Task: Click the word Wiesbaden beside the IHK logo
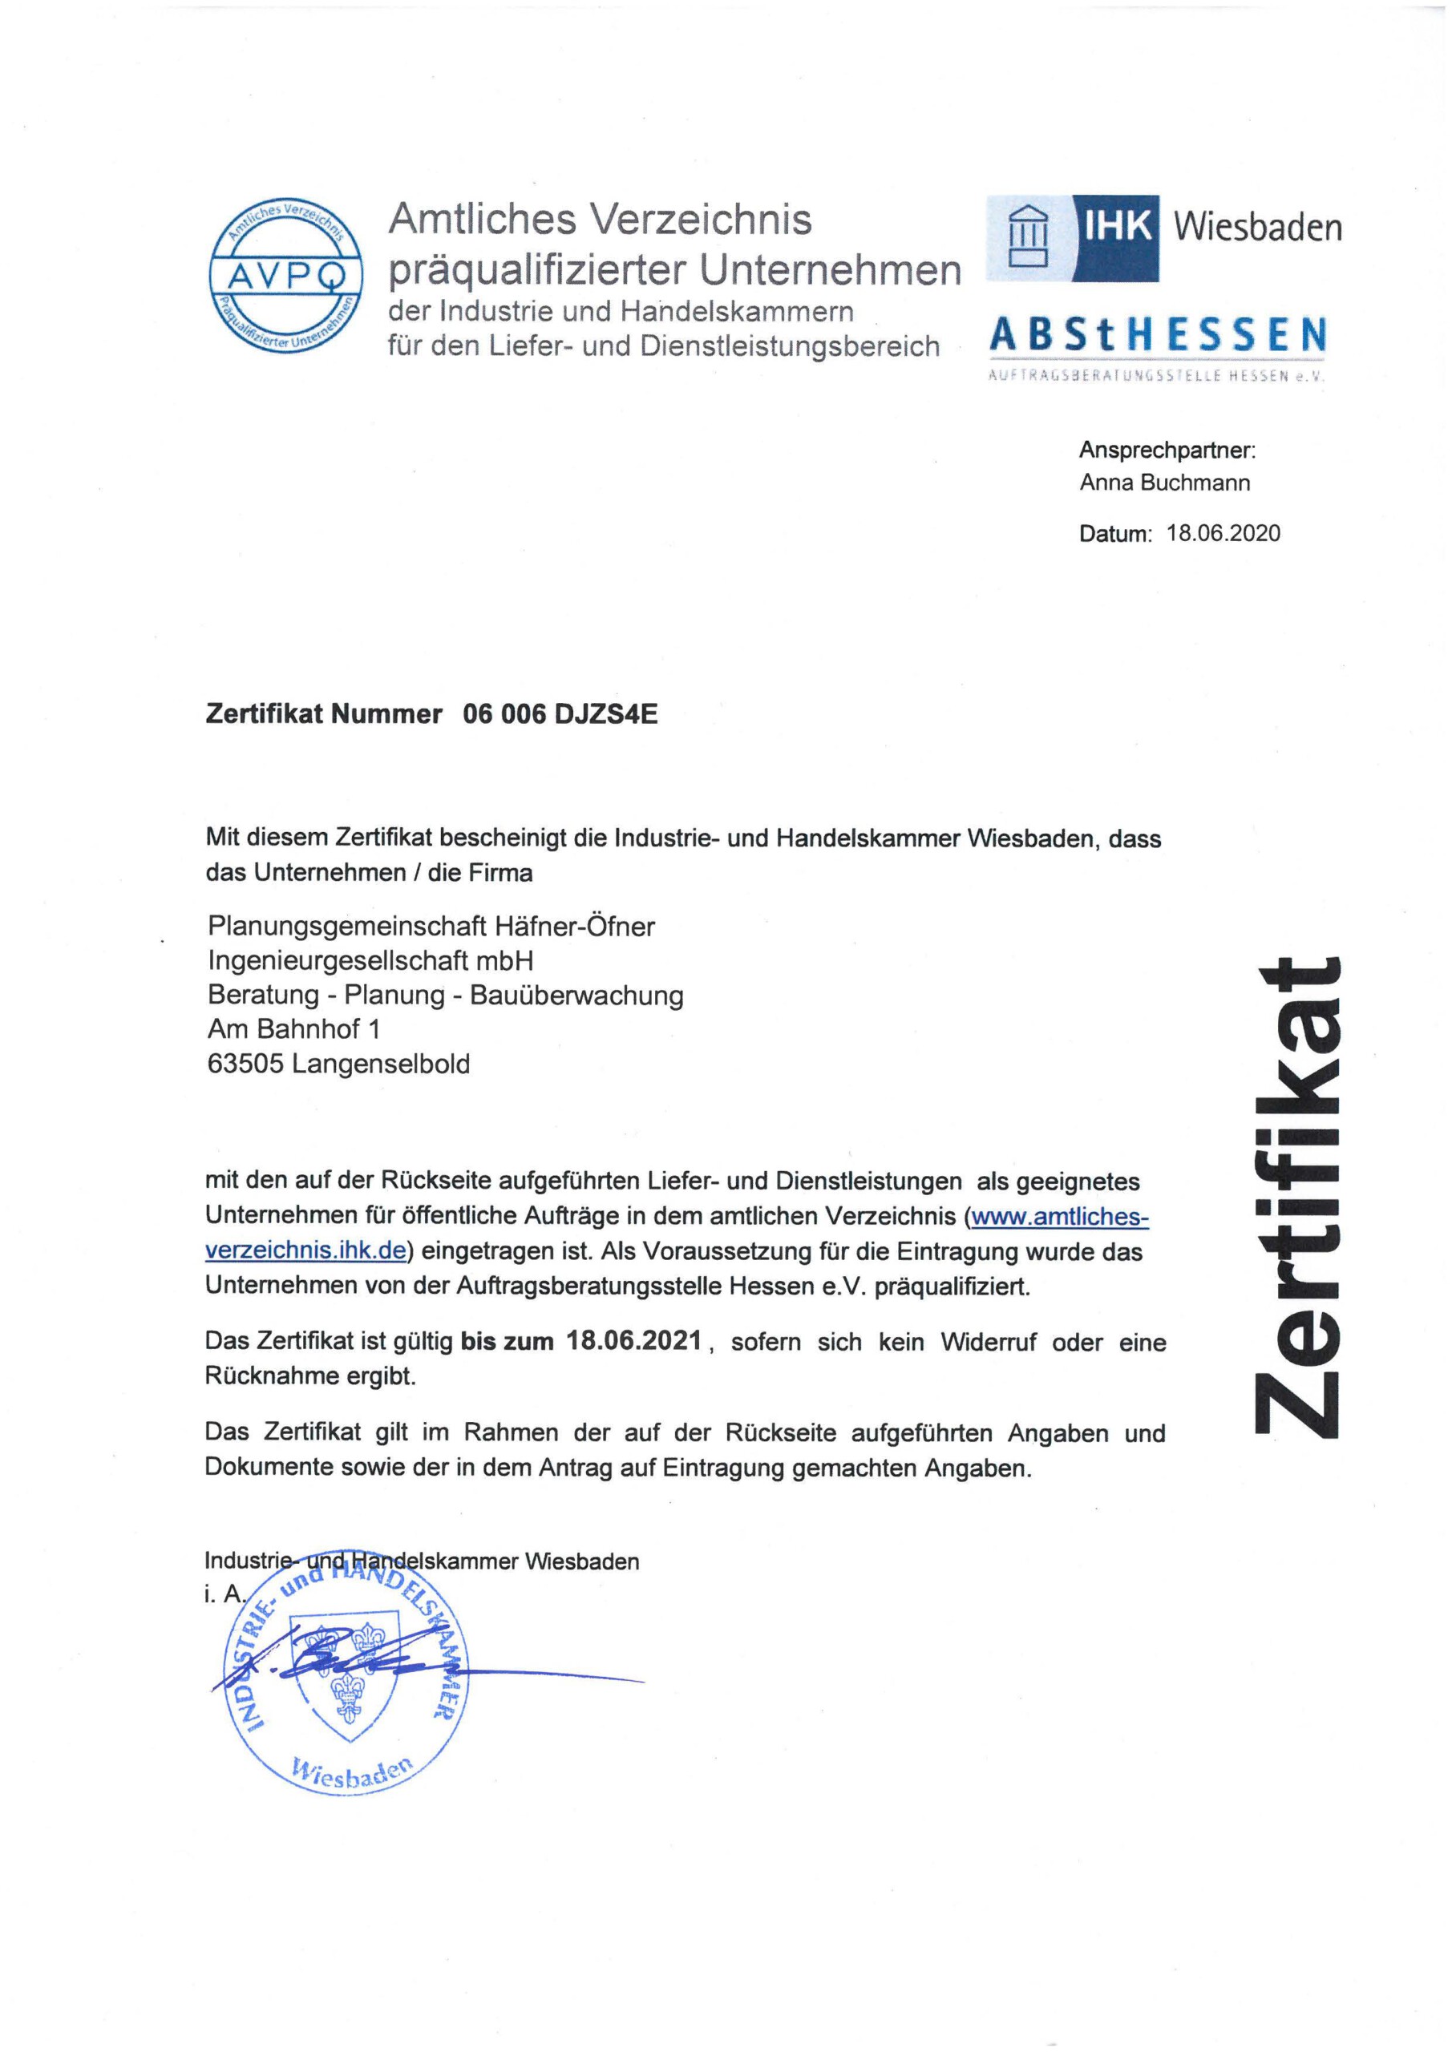(x=1257, y=227)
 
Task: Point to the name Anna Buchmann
(x=1164, y=483)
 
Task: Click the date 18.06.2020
(x=1223, y=534)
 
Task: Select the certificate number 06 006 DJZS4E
(x=560, y=714)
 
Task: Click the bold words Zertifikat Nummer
(x=324, y=714)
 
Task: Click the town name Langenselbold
(x=380, y=1064)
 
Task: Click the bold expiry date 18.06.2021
(x=634, y=1342)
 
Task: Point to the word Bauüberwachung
(x=576, y=995)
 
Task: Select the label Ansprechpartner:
(x=1167, y=450)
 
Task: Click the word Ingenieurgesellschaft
(x=342, y=961)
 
